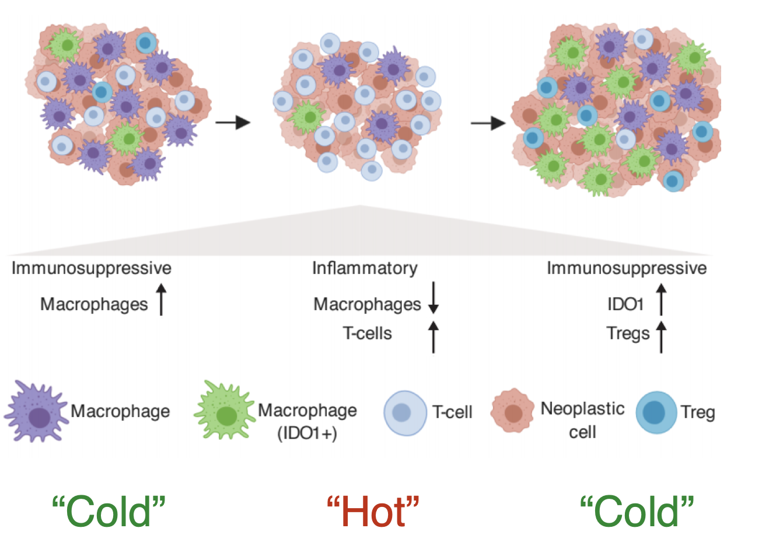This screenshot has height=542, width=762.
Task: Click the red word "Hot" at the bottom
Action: [x=373, y=512]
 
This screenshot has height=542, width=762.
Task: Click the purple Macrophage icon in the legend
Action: [x=36, y=412]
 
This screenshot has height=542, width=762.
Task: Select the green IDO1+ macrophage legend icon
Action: [x=225, y=412]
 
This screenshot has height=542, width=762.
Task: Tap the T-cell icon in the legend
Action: [x=405, y=412]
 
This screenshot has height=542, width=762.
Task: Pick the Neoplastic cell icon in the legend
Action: [x=512, y=411]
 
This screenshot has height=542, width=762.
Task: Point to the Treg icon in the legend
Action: [x=655, y=412]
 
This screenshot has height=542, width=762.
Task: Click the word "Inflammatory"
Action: [x=365, y=268]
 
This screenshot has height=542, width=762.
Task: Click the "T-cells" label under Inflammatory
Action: [x=367, y=333]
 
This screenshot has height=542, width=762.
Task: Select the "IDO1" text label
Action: [x=625, y=304]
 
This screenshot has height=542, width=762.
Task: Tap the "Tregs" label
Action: [x=628, y=333]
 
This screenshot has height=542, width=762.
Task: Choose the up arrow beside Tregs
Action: [x=660, y=336]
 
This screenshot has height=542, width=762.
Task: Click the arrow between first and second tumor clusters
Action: [x=233, y=122]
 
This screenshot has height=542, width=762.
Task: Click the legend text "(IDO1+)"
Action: [x=307, y=433]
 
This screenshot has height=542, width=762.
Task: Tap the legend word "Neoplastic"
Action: [x=582, y=408]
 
